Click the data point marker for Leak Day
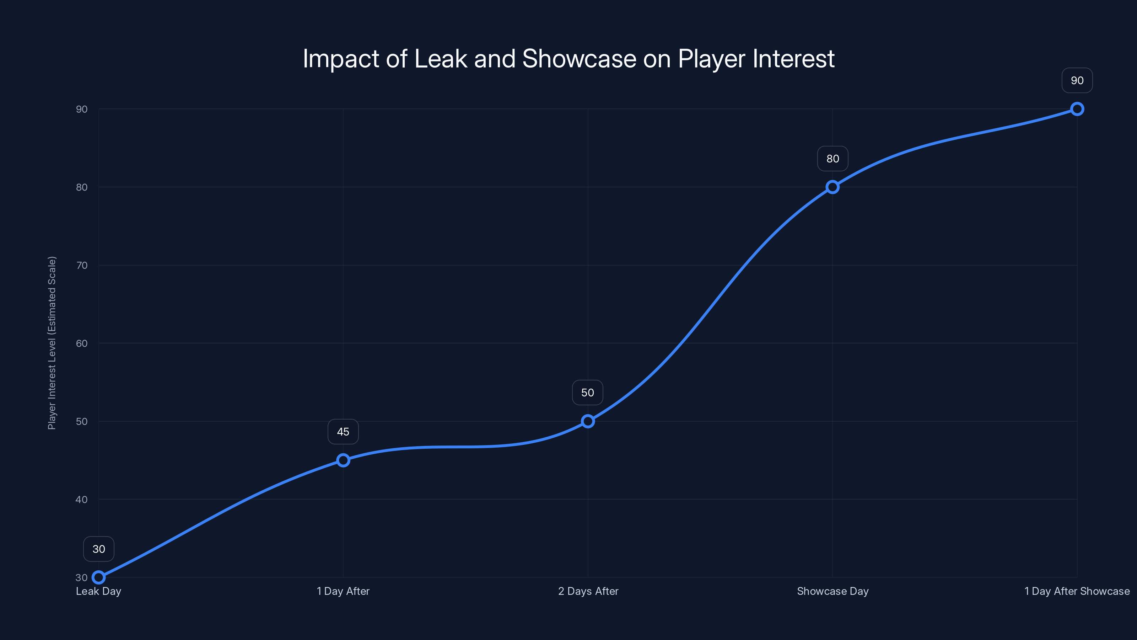click(x=98, y=577)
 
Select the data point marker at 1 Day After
click(x=343, y=460)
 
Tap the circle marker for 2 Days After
click(x=587, y=421)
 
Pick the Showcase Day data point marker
click(x=832, y=187)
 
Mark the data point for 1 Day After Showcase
click(x=1077, y=109)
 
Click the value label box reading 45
click(x=343, y=432)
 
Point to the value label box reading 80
click(x=832, y=159)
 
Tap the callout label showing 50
click(x=587, y=393)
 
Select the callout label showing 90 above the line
click(x=1077, y=80)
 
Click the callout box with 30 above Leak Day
click(x=98, y=549)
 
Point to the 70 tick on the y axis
click(x=82, y=266)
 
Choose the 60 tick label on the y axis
click(x=82, y=343)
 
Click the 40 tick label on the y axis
click(x=82, y=500)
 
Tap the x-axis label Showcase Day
click(x=832, y=591)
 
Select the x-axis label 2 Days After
click(x=588, y=591)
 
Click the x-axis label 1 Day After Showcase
click(x=1077, y=591)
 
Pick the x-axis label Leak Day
click(x=98, y=591)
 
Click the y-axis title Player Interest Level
click(x=52, y=343)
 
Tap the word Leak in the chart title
click(x=441, y=59)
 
